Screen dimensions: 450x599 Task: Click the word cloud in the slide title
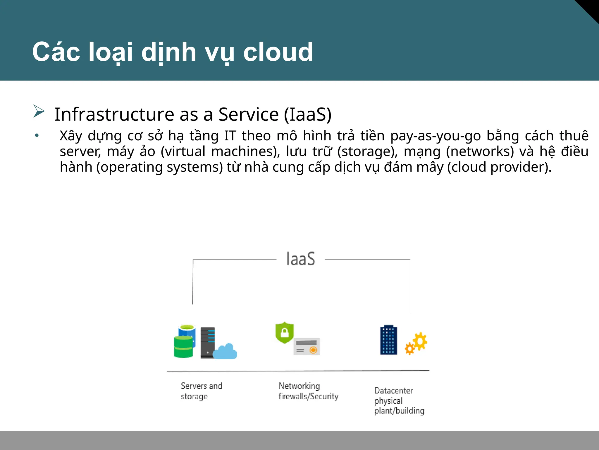278,52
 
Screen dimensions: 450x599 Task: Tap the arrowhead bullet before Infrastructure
39,111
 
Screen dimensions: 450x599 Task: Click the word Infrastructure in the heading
114,114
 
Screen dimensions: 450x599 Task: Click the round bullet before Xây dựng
37,136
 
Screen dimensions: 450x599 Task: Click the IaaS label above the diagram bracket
301,259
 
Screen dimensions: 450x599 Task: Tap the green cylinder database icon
183,347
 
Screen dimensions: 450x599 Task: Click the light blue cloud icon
225,352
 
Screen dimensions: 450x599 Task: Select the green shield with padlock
284,333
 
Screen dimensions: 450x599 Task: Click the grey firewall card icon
307,346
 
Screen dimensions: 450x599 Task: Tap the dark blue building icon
389,340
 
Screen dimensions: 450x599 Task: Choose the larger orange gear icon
420,341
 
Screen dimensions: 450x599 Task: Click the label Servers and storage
201,391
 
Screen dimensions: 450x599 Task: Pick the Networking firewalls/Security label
308,391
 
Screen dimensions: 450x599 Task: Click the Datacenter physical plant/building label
399,400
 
